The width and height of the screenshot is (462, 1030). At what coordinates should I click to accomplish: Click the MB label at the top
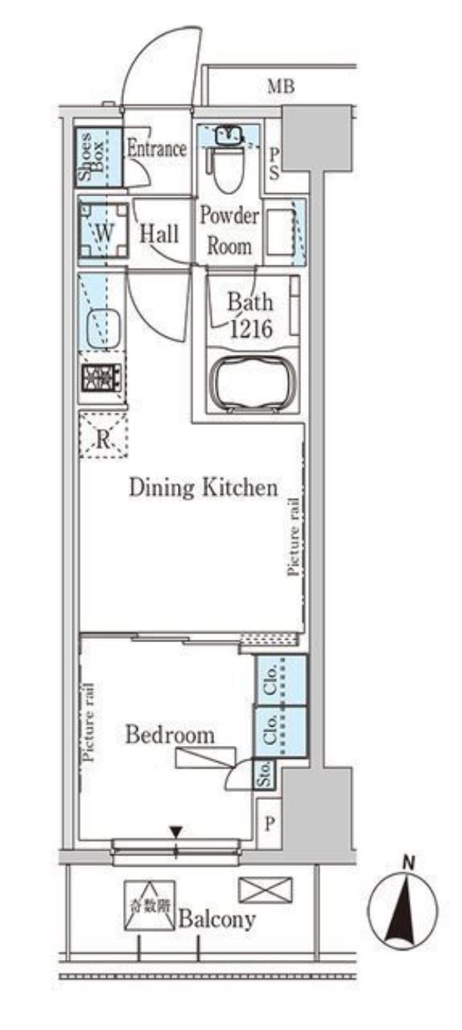coord(281,86)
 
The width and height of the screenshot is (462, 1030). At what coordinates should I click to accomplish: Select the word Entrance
coord(157,149)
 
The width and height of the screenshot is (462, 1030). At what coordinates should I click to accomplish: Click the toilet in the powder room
coord(229,169)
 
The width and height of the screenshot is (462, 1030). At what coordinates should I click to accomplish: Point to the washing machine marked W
coord(103,230)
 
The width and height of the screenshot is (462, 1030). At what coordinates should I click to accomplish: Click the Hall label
coord(159,234)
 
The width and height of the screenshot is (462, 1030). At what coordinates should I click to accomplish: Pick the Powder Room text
coord(229,231)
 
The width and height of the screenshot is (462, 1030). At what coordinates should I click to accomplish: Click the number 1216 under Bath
coord(252,329)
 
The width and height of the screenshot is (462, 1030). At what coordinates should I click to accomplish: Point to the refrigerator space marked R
coord(103,434)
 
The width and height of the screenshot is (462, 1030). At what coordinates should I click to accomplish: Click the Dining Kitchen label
coord(203,487)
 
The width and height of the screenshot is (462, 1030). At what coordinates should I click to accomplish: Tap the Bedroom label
coord(170,734)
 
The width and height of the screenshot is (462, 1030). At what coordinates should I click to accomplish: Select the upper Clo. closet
coord(281,680)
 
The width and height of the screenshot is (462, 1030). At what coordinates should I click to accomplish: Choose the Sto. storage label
coord(265,774)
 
